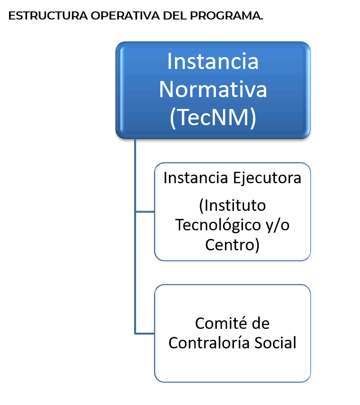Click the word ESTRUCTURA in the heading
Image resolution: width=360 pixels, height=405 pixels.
point(48,16)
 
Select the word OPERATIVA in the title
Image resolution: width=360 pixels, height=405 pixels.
point(125,16)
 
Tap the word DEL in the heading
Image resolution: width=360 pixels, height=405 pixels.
point(175,16)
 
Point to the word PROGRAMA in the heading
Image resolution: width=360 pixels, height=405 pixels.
point(226,16)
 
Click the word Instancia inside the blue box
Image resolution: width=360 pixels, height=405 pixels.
point(213,61)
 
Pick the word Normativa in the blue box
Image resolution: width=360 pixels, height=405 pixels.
point(213,89)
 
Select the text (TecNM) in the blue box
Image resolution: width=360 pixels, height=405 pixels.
point(213,118)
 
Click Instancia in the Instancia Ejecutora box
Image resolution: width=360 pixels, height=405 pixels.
point(195,178)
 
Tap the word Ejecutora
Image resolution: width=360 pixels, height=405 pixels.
point(267,178)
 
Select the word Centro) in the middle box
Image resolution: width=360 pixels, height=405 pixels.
point(232,245)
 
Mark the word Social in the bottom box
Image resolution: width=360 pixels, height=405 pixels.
point(275,343)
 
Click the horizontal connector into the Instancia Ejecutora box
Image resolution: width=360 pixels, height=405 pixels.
point(145,212)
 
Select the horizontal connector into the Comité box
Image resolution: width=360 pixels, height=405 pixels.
point(145,334)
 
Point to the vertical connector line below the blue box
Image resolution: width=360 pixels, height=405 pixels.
point(135,236)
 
